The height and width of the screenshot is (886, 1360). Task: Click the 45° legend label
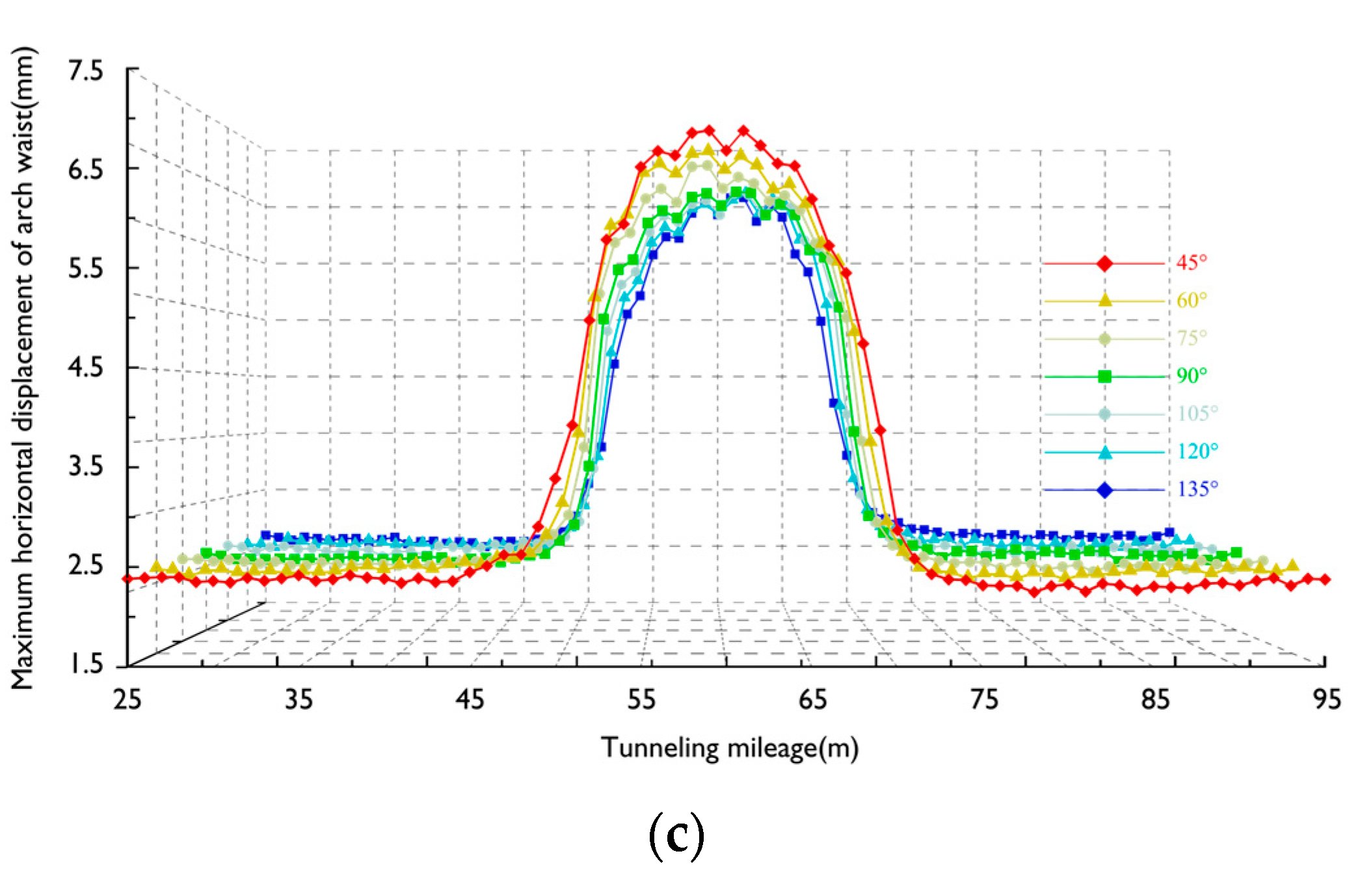(x=1191, y=263)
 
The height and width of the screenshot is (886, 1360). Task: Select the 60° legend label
(x=1191, y=301)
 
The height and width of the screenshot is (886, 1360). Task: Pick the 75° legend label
(x=1191, y=338)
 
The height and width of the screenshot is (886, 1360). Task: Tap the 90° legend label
(x=1191, y=376)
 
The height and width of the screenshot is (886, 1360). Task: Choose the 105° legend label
(x=1197, y=414)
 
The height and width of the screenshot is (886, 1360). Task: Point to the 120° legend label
(x=1197, y=451)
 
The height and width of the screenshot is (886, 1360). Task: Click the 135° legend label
(x=1197, y=489)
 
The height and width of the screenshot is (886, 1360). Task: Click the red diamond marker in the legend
(x=1104, y=263)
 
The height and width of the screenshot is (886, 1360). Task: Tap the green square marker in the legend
(x=1104, y=377)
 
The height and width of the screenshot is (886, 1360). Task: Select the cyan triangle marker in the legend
(x=1104, y=452)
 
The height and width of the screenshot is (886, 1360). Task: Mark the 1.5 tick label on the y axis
(x=86, y=664)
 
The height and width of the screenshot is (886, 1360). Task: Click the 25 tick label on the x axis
(x=127, y=700)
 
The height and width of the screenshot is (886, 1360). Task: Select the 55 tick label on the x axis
(x=641, y=700)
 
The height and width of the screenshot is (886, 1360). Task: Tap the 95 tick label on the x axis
(x=1326, y=700)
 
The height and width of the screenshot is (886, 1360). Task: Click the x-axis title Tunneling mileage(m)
(x=730, y=748)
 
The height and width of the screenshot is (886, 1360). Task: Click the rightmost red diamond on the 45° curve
(x=1325, y=579)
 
